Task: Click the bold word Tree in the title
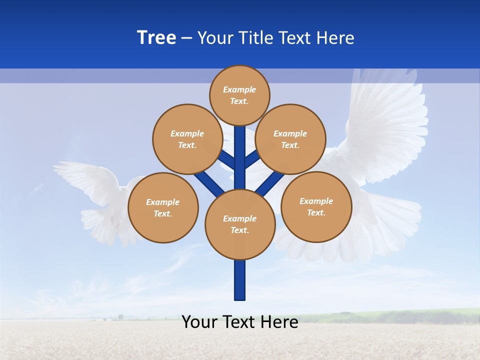coord(156,38)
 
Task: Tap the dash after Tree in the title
coord(186,38)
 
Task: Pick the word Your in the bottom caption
coord(200,322)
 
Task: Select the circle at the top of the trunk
coord(239,95)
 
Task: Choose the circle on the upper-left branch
coord(187,139)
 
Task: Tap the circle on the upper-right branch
coord(290,139)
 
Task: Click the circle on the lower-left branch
coord(163,207)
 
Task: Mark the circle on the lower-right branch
coord(316,206)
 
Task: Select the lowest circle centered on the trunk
coord(240,224)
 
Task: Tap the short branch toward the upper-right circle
coord(252,159)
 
